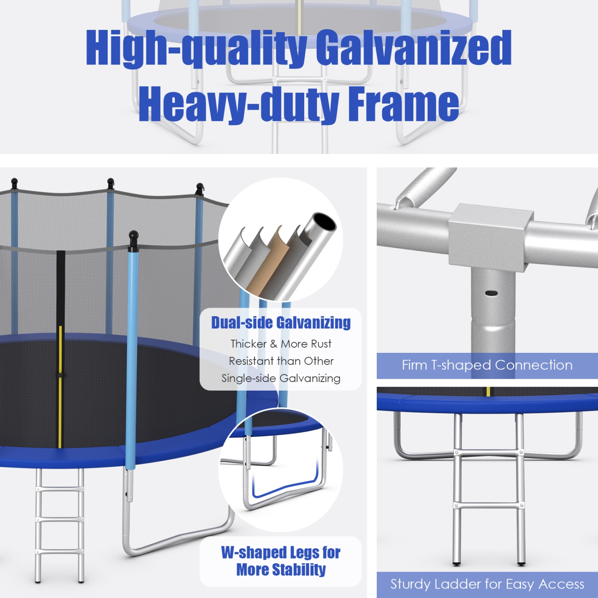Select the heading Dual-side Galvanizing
coord(281,323)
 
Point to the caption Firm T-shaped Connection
coord(487,365)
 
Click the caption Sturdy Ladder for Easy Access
coord(487,584)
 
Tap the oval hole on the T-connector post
coord(491,293)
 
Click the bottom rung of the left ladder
coord(59,552)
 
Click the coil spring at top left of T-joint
coord(423,185)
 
